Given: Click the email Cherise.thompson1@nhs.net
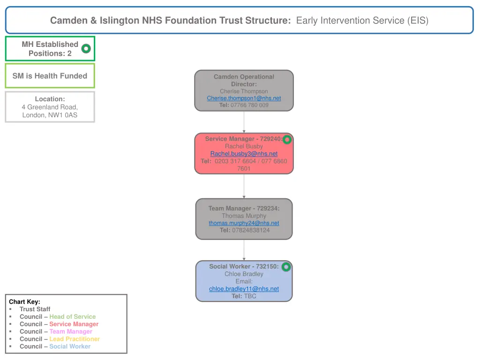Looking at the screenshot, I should (x=244, y=98).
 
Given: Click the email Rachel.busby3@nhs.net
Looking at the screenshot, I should (x=244, y=154).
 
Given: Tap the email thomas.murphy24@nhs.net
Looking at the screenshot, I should (x=244, y=223).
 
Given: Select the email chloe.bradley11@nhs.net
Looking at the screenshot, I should (x=244, y=289).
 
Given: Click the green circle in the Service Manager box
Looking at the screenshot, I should (x=287, y=139).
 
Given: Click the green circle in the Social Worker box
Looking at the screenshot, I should (x=286, y=267).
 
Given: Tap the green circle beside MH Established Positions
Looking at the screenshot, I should (x=86, y=48).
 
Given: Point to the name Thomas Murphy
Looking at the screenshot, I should (x=244, y=216).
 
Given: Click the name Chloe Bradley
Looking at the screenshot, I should (x=244, y=274).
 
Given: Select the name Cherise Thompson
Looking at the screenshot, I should (x=244, y=91).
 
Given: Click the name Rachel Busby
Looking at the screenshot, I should (x=244, y=146).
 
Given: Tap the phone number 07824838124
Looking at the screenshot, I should (x=251, y=230).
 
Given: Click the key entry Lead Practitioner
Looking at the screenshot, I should (x=75, y=339).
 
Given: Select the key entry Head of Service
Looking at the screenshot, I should (x=72, y=316).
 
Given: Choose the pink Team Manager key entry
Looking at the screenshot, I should (x=71, y=331).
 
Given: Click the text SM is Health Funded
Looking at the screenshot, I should (x=50, y=76).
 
